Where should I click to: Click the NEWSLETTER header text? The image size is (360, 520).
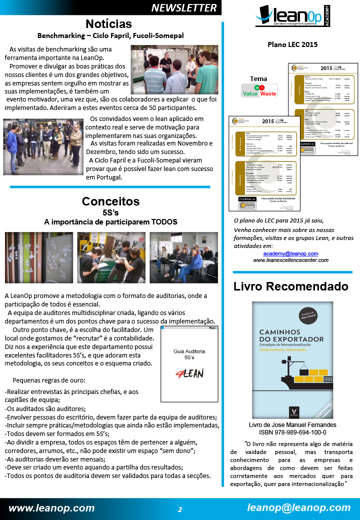(x=184, y=7)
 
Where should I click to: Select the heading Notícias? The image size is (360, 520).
(x=108, y=24)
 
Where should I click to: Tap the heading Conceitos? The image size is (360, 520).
(x=110, y=201)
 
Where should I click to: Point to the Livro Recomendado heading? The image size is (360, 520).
(x=291, y=286)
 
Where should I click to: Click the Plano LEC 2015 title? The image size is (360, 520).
(x=292, y=44)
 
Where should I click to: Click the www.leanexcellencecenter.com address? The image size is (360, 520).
(x=290, y=260)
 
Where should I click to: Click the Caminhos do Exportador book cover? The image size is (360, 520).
(x=292, y=360)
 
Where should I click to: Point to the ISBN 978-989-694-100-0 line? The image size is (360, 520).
(x=292, y=432)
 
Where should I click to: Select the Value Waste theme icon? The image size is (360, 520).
(x=259, y=90)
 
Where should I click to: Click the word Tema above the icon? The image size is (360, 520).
(x=258, y=78)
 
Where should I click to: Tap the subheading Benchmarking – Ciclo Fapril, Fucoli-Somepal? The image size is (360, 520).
(x=110, y=35)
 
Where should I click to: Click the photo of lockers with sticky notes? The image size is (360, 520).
(x=39, y=257)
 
